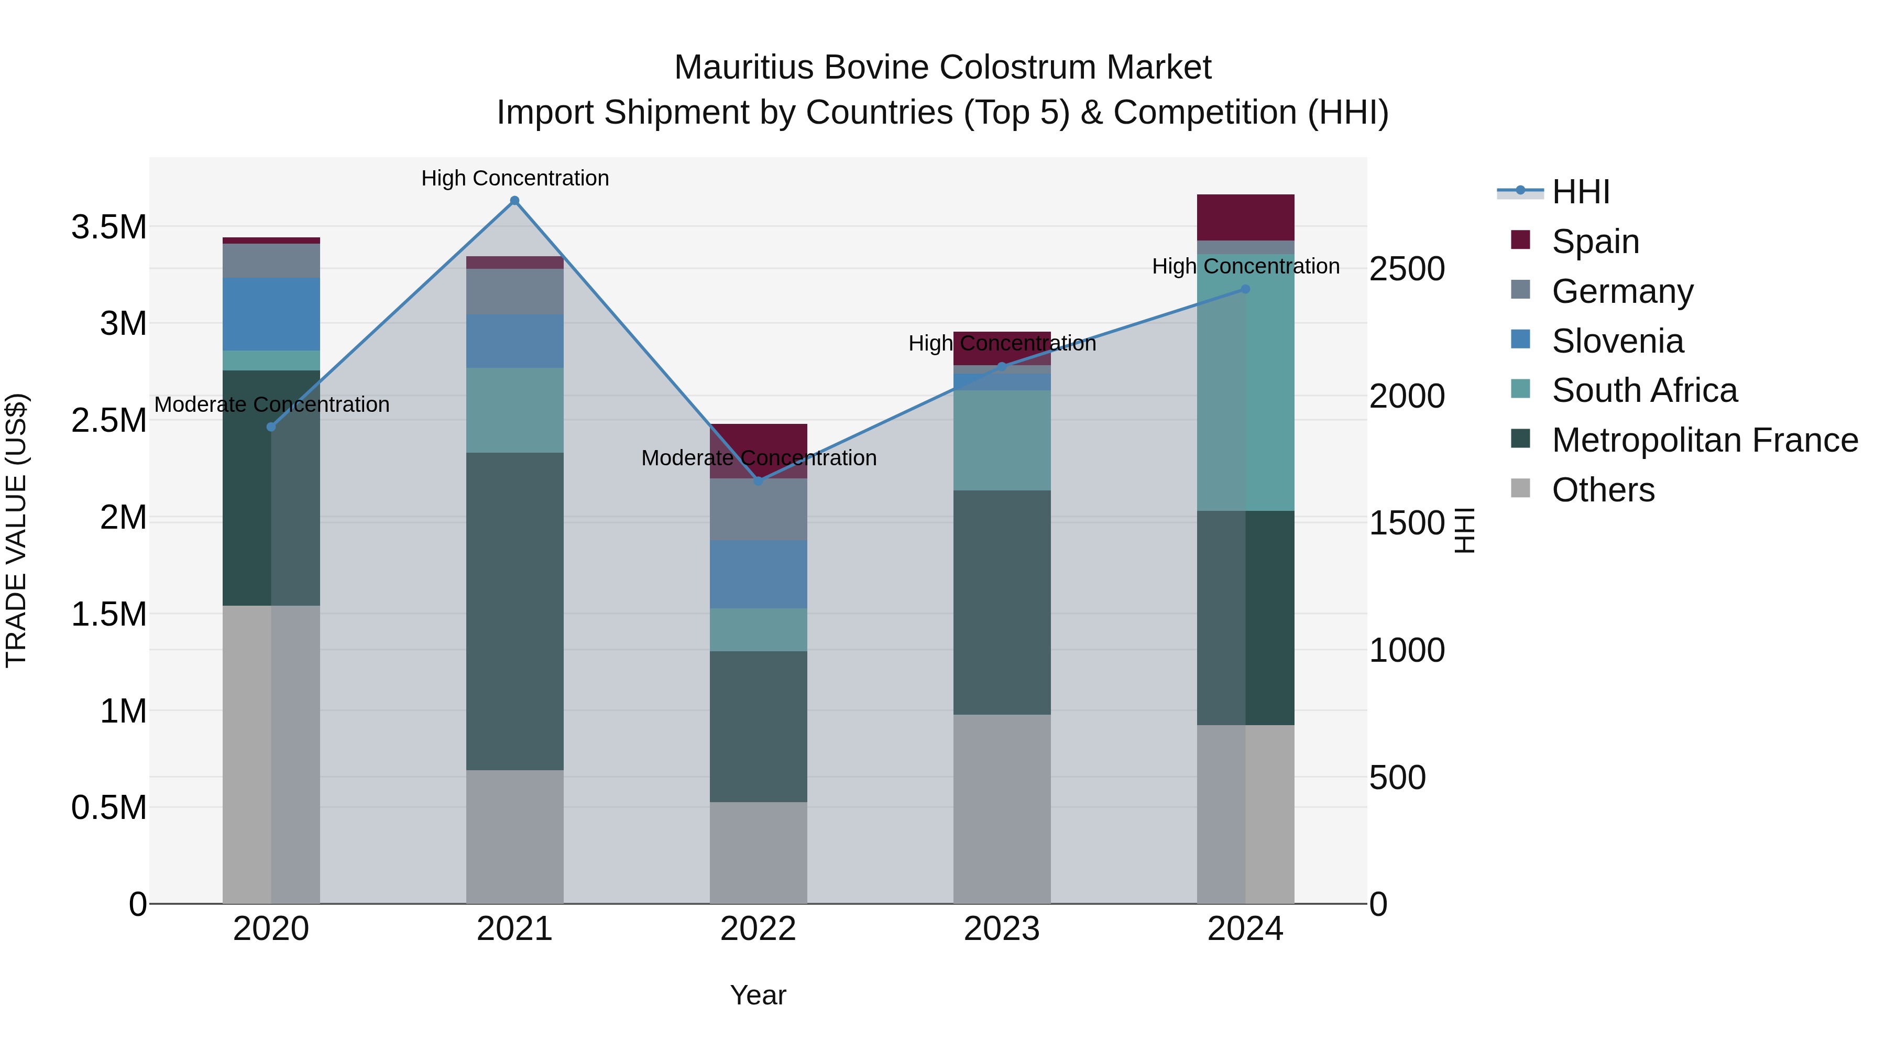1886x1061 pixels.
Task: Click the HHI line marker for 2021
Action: point(514,201)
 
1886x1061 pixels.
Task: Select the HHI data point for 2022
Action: point(759,481)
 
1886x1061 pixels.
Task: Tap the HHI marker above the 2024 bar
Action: point(1245,289)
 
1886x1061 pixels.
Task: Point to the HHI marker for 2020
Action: point(271,427)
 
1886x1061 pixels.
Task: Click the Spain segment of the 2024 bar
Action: point(1245,217)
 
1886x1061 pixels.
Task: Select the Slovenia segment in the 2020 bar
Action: point(271,314)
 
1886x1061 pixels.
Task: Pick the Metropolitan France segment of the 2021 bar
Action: point(514,611)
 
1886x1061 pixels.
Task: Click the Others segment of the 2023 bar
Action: point(1002,809)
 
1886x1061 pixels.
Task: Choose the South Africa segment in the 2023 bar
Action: point(1002,440)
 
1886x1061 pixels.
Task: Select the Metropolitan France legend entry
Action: point(1704,440)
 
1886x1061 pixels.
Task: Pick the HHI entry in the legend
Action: point(1580,192)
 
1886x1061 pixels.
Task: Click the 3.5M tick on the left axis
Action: point(109,227)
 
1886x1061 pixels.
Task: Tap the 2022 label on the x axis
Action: point(759,929)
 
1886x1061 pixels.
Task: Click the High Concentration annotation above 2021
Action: point(514,178)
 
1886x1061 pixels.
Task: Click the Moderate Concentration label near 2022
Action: point(759,457)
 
